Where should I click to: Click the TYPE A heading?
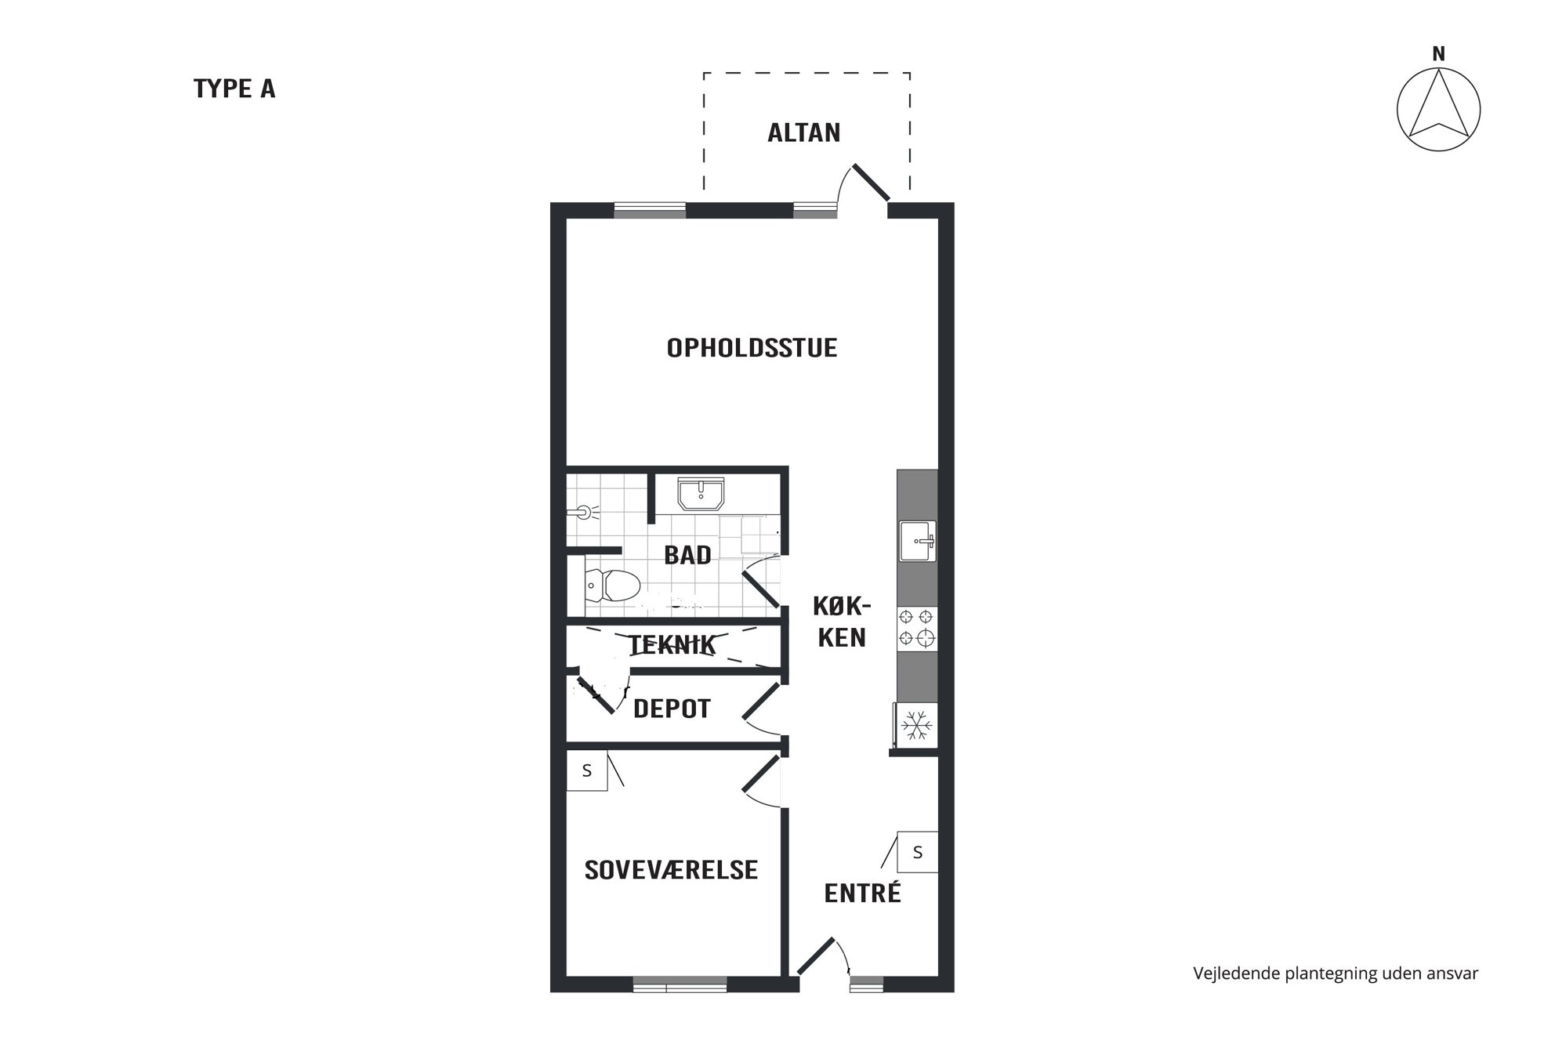pyautogui.click(x=234, y=89)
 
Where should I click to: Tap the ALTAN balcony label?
pyautogui.click(x=804, y=132)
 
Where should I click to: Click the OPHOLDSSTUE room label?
pyautogui.click(x=752, y=347)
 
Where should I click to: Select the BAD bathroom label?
pyautogui.click(x=687, y=555)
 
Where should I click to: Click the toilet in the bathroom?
pyautogui.click(x=612, y=585)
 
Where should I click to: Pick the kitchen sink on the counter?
pyautogui.click(x=917, y=541)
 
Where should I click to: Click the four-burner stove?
pyautogui.click(x=916, y=628)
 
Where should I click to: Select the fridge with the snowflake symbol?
pyautogui.click(x=915, y=725)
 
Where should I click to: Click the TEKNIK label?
pyautogui.click(x=672, y=645)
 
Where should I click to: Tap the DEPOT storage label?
pyautogui.click(x=672, y=709)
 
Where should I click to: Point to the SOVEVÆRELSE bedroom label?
pyautogui.click(x=671, y=869)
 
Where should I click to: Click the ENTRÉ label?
pyautogui.click(x=862, y=892)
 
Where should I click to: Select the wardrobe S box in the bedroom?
pyautogui.click(x=587, y=770)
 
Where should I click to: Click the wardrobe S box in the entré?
pyautogui.click(x=917, y=852)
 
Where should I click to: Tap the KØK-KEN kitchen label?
pyautogui.click(x=842, y=622)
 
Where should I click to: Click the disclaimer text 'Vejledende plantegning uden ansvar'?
pyautogui.click(x=1336, y=974)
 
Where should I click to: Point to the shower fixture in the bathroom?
pyautogui.click(x=582, y=512)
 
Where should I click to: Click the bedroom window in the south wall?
pyautogui.click(x=680, y=984)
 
